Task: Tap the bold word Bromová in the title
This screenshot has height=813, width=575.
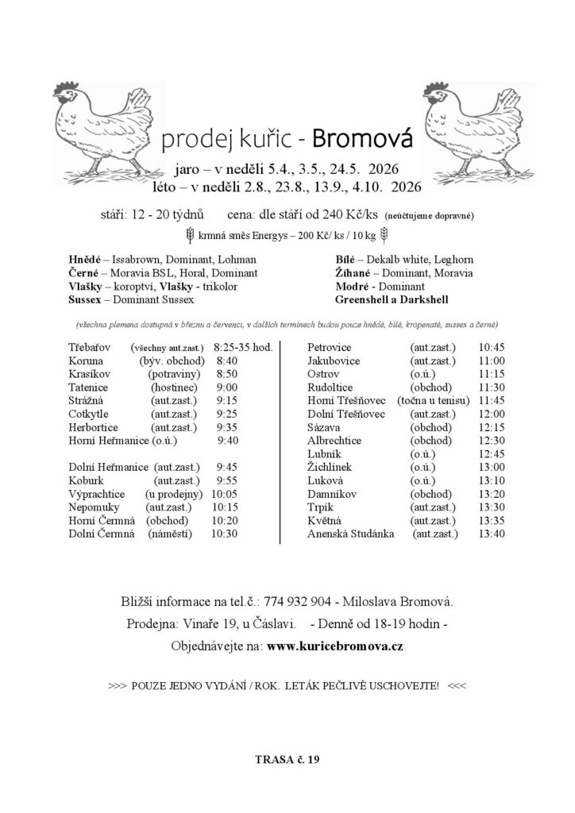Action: pyautogui.click(x=363, y=140)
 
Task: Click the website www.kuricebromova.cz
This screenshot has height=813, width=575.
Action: pyautogui.click(x=335, y=645)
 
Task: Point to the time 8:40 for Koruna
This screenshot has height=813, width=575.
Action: pyautogui.click(x=227, y=360)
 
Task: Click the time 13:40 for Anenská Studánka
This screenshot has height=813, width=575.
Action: pyautogui.click(x=492, y=534)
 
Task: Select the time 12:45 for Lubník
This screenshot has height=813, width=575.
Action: pyautogui.click(x=492, y=453)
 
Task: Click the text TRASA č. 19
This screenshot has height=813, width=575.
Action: pyautogui.click(x=287, y=760)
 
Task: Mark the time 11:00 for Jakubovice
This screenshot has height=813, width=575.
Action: pyautogui.click(x=492, y=360)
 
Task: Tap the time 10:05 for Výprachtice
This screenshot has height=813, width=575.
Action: pyautogui.click(x=227, y=494)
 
